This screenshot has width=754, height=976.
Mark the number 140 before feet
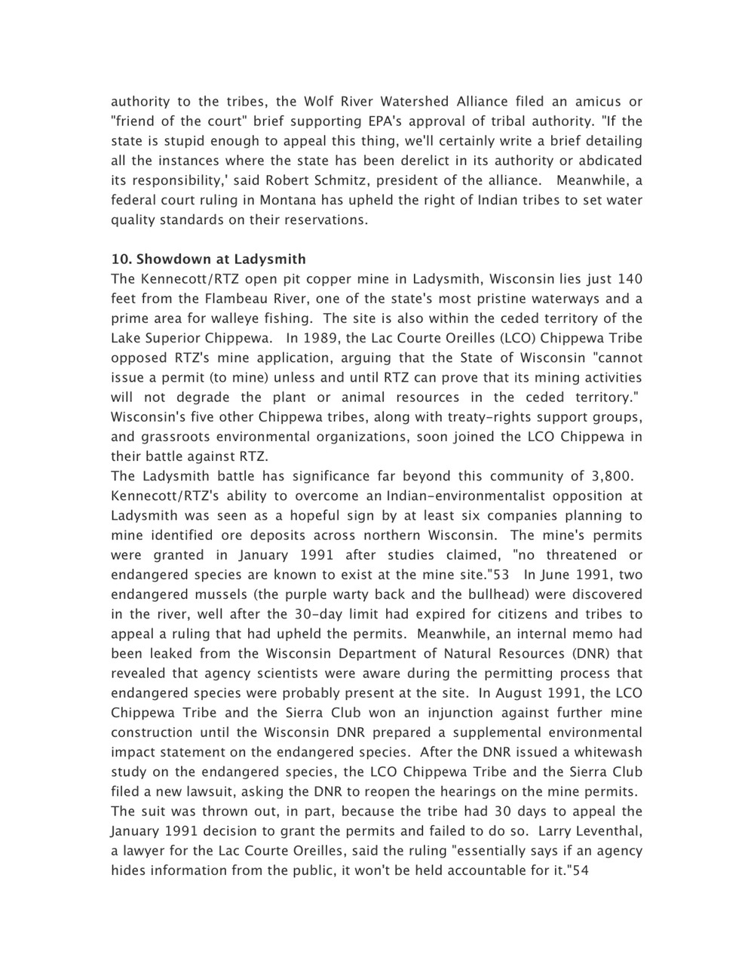click(630, 279)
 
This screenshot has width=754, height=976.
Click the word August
click(524, 693)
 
